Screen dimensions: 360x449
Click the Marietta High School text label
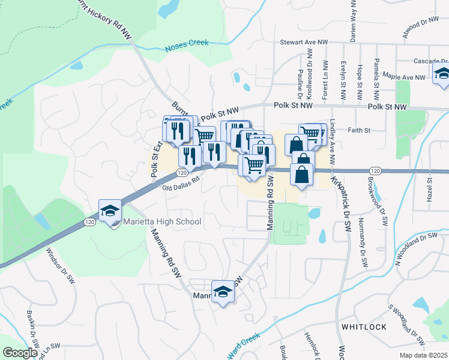click(162, 222)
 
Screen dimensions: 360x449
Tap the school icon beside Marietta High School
click(110, 211)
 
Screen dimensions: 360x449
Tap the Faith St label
click(355, 130)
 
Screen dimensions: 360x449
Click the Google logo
click(20, 353)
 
